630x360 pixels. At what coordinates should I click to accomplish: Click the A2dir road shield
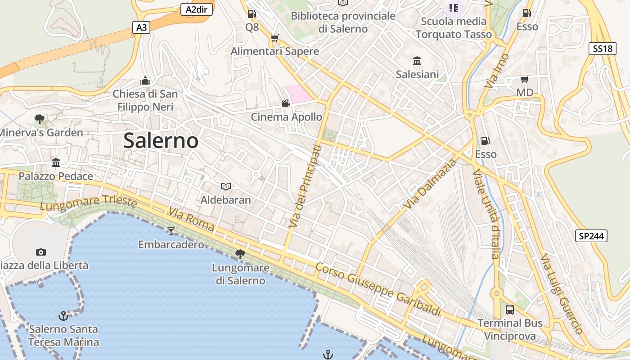(196, 9)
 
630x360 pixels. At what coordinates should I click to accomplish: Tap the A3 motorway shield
(141, 27)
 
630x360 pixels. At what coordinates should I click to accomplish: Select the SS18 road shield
(603, 49)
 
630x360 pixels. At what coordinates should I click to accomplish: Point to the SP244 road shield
(591, 235)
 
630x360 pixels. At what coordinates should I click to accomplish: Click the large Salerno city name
(161, 141)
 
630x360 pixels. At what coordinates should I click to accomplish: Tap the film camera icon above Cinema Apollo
(286, 103)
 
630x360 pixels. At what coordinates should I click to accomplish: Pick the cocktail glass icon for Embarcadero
(171, 231)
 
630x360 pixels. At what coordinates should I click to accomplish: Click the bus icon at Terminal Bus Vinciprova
(509, 310)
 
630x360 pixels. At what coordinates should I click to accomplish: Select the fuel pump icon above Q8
(252, 14)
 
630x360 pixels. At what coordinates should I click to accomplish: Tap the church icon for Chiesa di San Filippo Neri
(145, 81)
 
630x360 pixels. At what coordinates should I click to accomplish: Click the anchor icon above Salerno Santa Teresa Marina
(63, 315)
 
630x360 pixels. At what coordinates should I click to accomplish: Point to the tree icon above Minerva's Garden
(40, 119)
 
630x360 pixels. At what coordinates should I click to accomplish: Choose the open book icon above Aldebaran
(225, 186)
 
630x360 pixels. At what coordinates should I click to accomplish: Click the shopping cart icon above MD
(524, 80)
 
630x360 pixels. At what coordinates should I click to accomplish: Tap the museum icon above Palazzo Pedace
(56, 162)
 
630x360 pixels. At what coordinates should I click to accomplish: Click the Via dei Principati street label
(306, 185)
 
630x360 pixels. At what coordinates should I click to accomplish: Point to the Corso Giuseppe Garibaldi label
(378, 289)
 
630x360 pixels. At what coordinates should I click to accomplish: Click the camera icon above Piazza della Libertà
(41, 252)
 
